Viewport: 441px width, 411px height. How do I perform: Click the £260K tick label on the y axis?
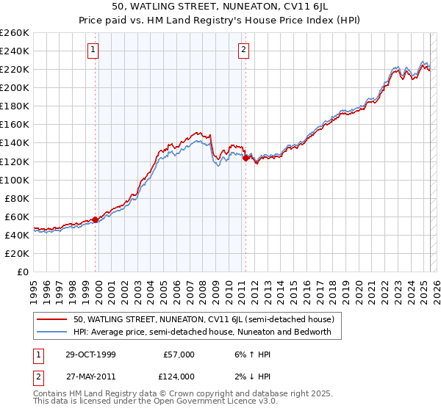15,33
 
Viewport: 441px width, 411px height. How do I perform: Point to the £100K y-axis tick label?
15,180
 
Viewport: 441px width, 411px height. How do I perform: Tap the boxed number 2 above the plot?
243,50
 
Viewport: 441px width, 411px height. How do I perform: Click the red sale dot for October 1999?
96,219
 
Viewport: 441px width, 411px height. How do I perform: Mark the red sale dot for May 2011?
245,157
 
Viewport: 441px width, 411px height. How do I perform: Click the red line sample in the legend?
51,319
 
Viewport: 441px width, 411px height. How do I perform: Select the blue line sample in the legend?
51,332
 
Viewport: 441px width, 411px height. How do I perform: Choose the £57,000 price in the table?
179,354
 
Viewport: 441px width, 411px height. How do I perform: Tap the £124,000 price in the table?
178,377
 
